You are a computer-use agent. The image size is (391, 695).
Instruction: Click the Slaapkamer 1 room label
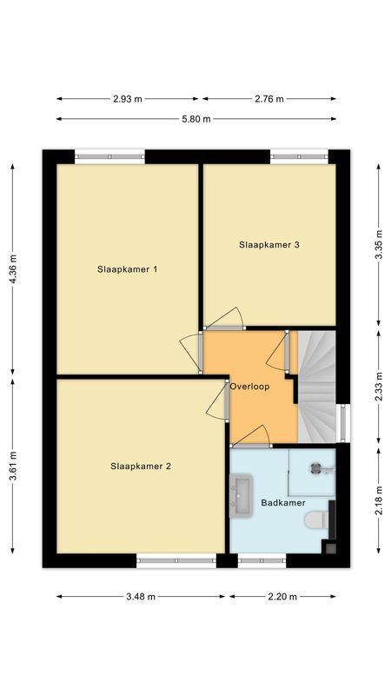(x=127, y=268)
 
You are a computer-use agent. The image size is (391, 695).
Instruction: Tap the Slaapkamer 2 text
(x=140, y=466)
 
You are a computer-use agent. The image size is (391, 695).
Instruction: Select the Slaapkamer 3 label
(x=268, y=245)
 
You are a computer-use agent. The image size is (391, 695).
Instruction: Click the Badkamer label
(x=282, y=503)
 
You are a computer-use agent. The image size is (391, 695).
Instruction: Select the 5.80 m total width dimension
(x=195, y=119)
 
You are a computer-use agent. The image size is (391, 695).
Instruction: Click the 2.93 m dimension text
(x=128, y=99)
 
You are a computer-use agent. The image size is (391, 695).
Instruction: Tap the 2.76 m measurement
(x=268, y=99)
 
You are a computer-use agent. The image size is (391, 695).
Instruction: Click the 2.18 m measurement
(x=378, y=500)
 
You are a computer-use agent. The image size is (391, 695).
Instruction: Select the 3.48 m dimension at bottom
(x=140, y=597)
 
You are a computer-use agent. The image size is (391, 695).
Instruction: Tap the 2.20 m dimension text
(x=281, y=597)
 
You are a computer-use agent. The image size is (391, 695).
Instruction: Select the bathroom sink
(x=241, y=496)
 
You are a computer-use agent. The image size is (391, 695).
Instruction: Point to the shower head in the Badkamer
(x=316, y=467)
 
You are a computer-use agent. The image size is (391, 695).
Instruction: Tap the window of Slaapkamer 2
(x=176, y=561)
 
